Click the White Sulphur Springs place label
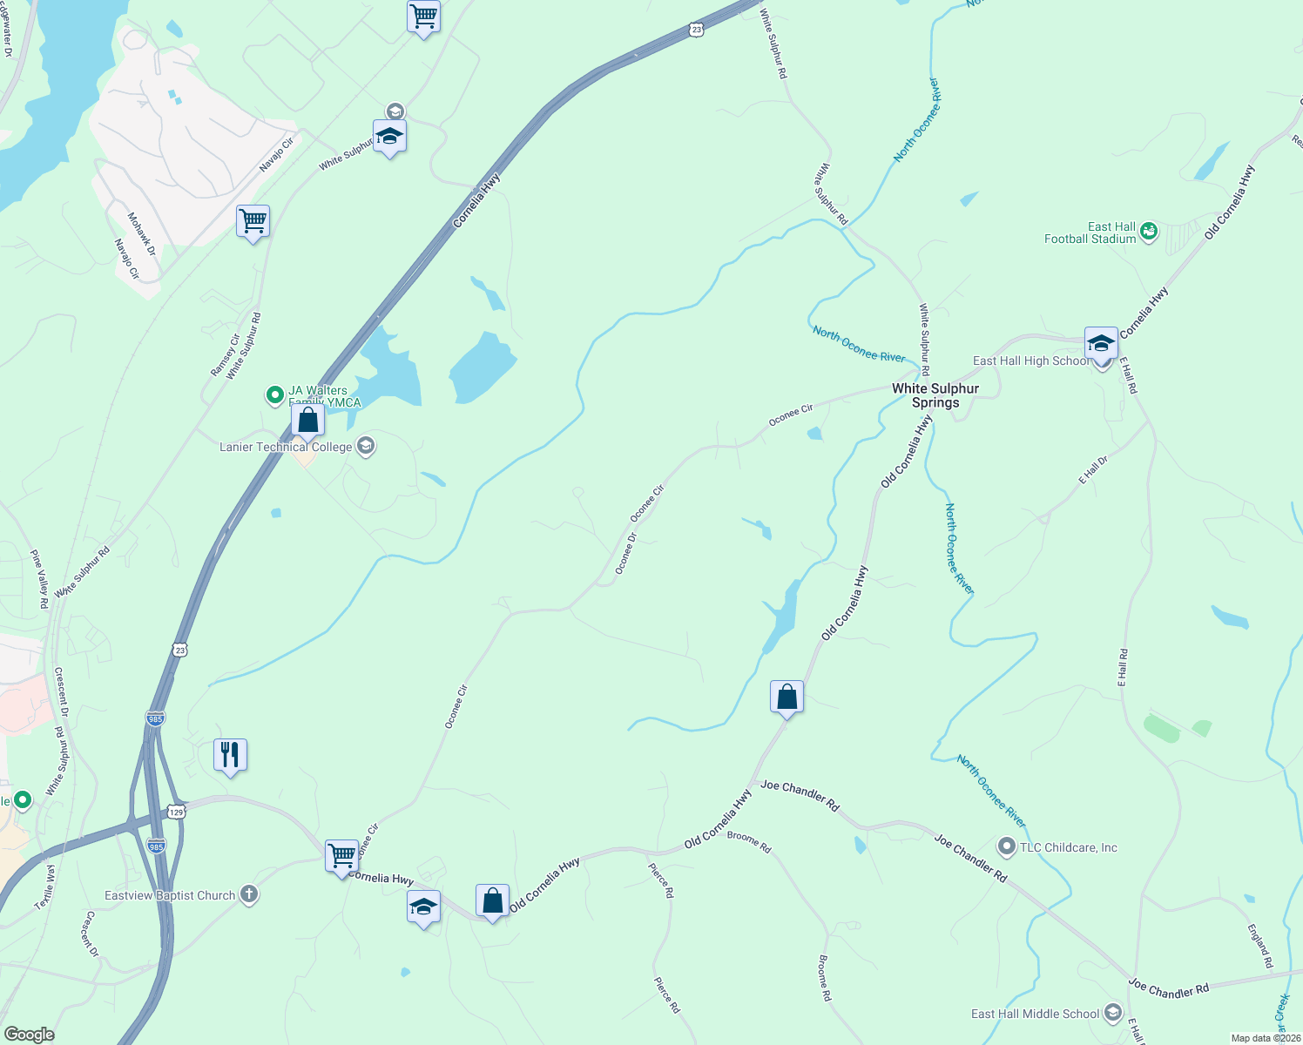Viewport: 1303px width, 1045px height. click(x=935, y=395)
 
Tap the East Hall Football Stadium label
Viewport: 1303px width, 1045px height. click(x=1090, y=233)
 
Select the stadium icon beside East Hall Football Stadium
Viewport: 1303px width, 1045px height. click(x=1149, y=231)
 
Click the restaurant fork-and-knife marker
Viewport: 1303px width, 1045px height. click(x=230, y=755)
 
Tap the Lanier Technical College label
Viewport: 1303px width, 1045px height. click(x=286, y=447)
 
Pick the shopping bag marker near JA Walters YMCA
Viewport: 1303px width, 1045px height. click(x=307, y=421)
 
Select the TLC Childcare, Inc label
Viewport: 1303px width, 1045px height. click(x=1068, y=847)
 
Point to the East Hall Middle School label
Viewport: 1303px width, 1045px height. click(x=1035, y=1014)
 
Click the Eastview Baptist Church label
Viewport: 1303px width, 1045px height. click(x=170, y=895)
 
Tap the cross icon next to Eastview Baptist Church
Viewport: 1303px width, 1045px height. click(x=249, y=894)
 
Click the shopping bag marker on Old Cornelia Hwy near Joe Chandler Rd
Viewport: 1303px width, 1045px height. click(x=787, y=698)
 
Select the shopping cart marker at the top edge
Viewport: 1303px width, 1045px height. click(x=423, y=17)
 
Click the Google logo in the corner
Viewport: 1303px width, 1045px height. click(x=29, y=1035)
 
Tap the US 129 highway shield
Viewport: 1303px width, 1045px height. click(x=177, y=812)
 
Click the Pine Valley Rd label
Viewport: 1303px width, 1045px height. click(x=40, y=577)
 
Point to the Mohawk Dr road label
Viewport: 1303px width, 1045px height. click(x=141, y=233)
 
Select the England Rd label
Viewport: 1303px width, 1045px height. click(x=1260, y=947)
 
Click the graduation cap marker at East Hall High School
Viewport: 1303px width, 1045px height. click(x=1101, y=344)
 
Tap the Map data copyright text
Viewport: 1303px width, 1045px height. click(x=1265, y=1038)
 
